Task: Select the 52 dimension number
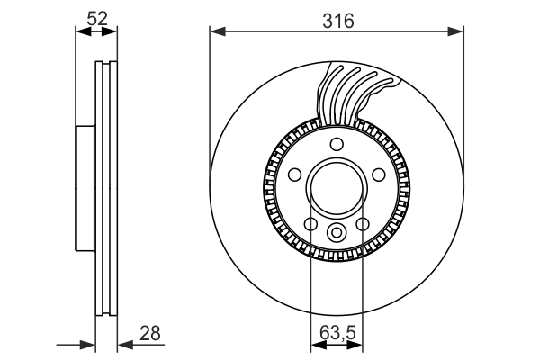[x=97, y=16]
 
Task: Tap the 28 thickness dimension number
[x=150, y=334]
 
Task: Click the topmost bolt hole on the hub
[x=336, y=145]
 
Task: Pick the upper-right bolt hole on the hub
[x=379, y=175]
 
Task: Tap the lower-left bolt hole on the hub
[x=310, y=224]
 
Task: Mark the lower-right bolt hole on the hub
[x=363, y=224]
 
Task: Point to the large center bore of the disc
[x=336, y=190]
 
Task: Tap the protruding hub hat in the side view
[x=85, y=189]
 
